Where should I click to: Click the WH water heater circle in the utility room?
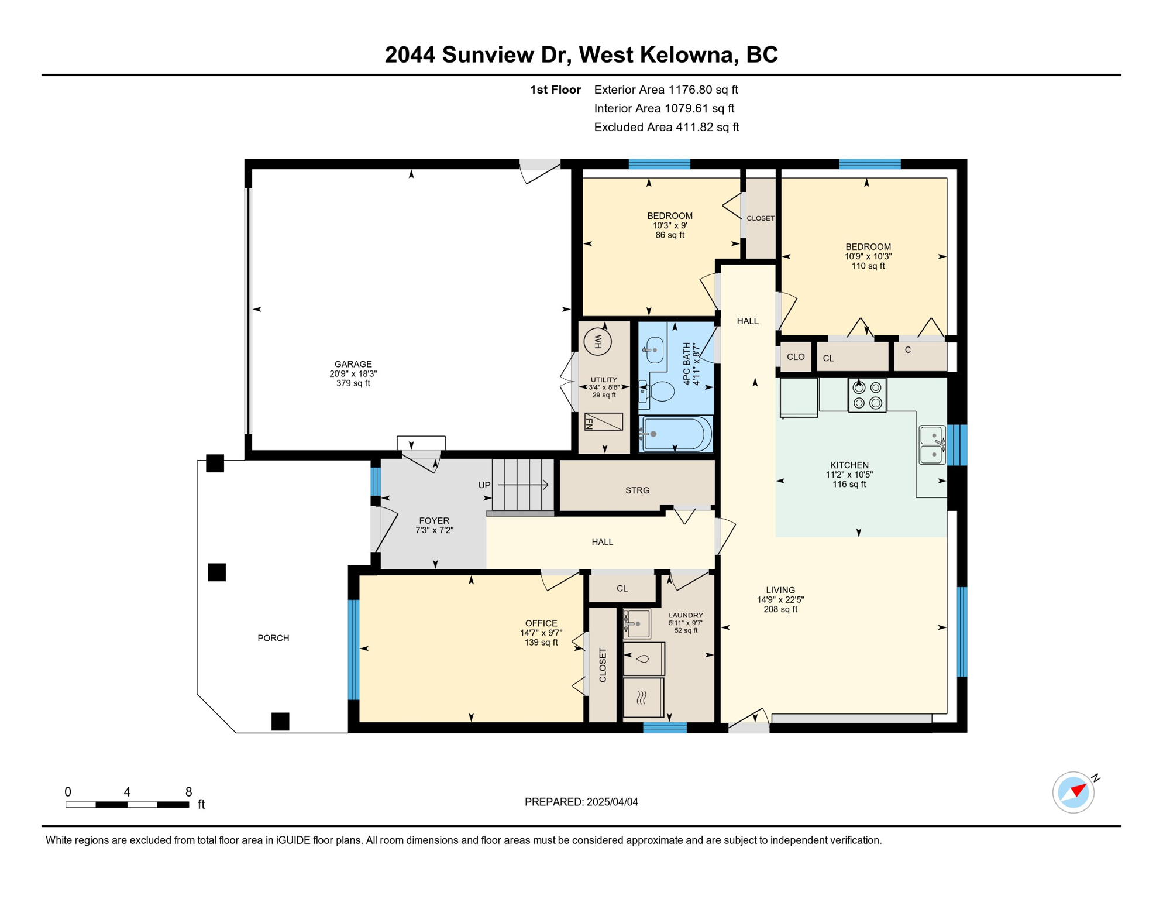coord(597,341)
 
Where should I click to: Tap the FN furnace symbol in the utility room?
coord(604,421)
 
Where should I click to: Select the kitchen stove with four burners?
coord(867,395)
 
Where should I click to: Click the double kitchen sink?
coord(932,445)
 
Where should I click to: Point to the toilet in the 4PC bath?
coord(658,391)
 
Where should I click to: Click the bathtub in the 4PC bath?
coord(676,434)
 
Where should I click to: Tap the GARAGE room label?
coord(353,364)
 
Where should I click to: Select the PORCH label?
coord(273,638)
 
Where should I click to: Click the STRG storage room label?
coord(637,490)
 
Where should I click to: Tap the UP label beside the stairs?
coord(484,485)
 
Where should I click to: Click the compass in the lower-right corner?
coord(1073,792)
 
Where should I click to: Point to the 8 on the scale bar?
coord(188,792)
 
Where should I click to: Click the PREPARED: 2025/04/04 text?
coord(581,802)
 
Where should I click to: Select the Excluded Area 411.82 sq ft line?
coord(666,127)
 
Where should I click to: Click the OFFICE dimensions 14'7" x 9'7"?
coord(541,633)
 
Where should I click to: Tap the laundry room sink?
coord(638,623)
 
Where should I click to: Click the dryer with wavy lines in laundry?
coord(643,697)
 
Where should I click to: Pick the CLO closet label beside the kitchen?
coord(795,357)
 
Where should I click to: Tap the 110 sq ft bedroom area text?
coord(868,266)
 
